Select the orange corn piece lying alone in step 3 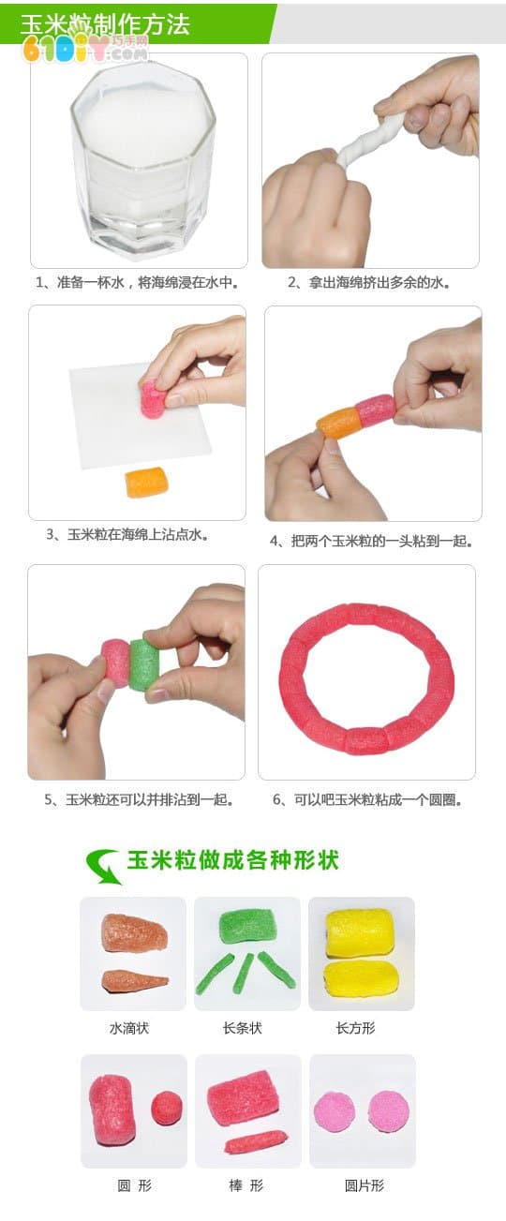point(146,482)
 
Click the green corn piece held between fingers point(142,666)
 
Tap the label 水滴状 point(129,1028)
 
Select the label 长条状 point(242,1028)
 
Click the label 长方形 point(355,1028)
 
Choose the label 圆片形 point(365,1185)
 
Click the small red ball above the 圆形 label point(167,1106)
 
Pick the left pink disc point(335,1110)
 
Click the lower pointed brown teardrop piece point(135,980)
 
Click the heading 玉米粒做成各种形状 point(232,860)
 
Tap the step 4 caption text point(371,542)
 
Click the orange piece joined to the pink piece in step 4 point(339,423)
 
